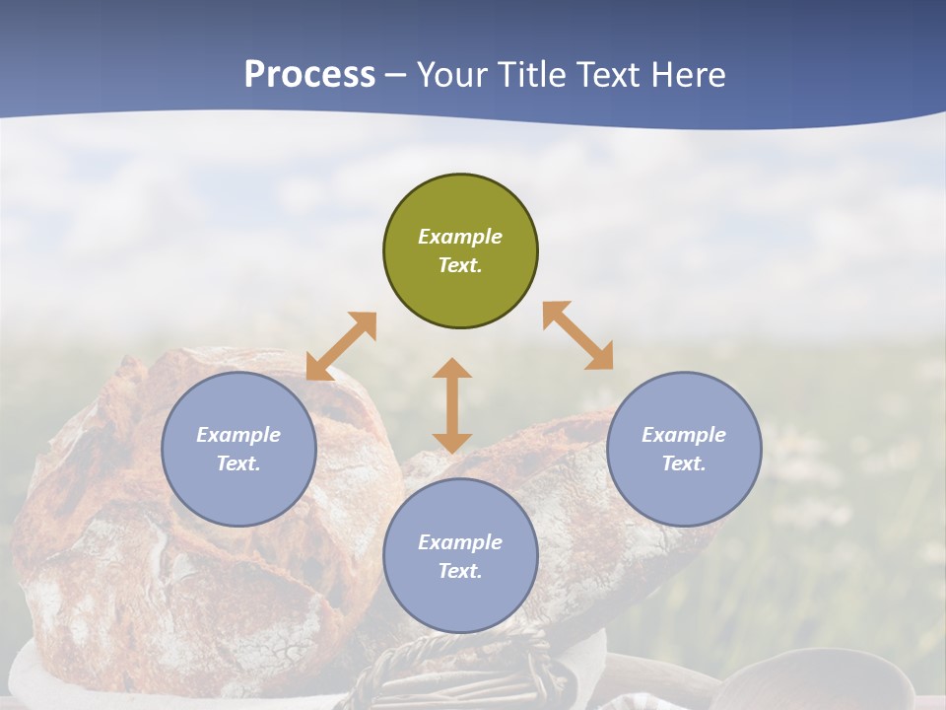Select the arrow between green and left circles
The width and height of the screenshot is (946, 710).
341,346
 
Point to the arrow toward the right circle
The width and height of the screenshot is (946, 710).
578,335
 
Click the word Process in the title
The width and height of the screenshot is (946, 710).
309,75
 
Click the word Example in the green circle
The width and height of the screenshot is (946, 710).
460,237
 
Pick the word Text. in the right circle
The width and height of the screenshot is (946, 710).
684,463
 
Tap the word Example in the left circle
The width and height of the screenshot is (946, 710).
238,435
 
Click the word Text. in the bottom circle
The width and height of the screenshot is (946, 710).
460,571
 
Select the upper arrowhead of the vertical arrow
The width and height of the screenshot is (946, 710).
452,369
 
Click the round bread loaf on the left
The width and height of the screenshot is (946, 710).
118,552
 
